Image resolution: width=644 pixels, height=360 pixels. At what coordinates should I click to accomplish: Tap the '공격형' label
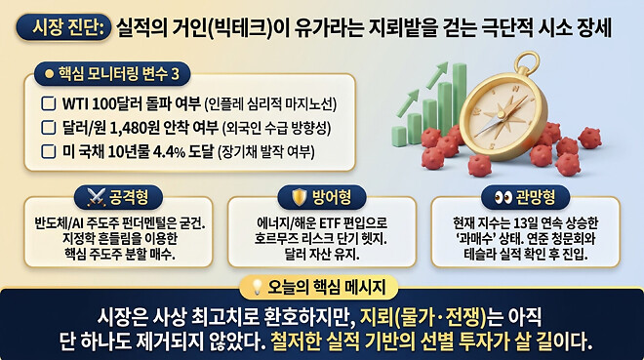coord(128,195)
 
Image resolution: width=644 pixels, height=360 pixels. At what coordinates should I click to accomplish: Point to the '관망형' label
coord(536,195)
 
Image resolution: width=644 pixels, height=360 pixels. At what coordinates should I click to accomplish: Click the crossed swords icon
coord(95,195)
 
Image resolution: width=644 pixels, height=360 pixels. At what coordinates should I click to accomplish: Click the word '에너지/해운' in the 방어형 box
coord(281,221)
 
